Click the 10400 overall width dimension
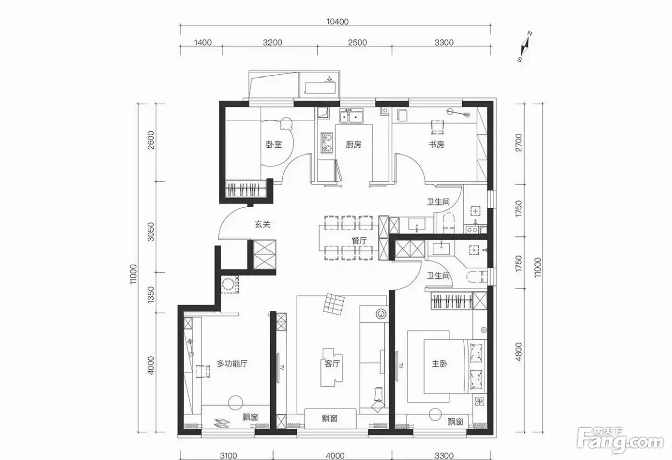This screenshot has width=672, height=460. coord(337,22)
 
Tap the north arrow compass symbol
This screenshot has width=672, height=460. coord(525,47)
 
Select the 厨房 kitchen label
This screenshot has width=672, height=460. coord(353,144)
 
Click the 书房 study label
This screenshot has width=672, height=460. coord(436,144)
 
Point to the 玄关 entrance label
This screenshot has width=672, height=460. coord(263,224)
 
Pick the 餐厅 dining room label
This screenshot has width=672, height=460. coord(359,240)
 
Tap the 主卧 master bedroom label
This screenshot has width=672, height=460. coord(440,364)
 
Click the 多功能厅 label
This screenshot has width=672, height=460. coord(232,364)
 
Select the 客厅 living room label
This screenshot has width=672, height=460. coord(332,364)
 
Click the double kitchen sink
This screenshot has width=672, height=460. coord(351,116)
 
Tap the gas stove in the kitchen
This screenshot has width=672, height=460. coord(327,143)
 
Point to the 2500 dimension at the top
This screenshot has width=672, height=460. coord(357,43)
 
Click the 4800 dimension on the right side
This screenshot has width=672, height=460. coord(518,352)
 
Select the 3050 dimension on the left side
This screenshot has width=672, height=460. coord(151,232)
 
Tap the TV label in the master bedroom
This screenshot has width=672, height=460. coord(401,366)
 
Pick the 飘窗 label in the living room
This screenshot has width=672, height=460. coord(330,418)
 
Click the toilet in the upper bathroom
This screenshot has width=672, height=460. coord(449,223)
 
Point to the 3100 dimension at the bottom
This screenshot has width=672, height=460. coord(228,456)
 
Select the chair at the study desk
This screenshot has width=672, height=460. coord(437,127)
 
